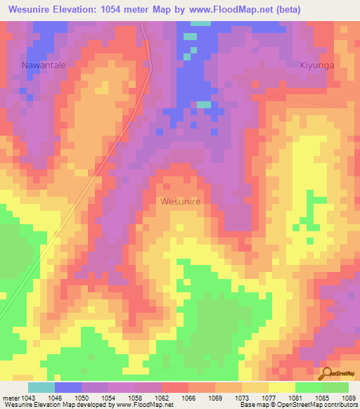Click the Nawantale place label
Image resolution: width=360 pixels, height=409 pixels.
coord(44,65)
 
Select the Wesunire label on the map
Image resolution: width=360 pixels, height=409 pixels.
coord(181,201)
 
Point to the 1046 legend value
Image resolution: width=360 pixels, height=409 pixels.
coord(55,396)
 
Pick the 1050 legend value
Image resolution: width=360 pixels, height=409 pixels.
coord(82,396)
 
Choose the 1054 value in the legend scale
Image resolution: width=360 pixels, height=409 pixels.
coord(108,396)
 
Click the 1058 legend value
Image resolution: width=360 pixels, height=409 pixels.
coord(135,396)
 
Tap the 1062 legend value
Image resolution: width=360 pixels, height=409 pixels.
coord(162,396)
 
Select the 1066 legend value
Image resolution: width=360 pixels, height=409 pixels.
coord(188,396)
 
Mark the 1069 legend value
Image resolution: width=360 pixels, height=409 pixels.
coord(215,396)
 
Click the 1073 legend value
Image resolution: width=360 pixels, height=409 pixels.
coord(242,396)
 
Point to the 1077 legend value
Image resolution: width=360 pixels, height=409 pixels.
coord(269,396)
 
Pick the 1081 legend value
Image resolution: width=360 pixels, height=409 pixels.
coord(295,396)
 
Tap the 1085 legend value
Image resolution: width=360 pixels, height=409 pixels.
coord(322,396)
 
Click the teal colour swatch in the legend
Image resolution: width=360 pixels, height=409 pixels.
coord(41,387)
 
